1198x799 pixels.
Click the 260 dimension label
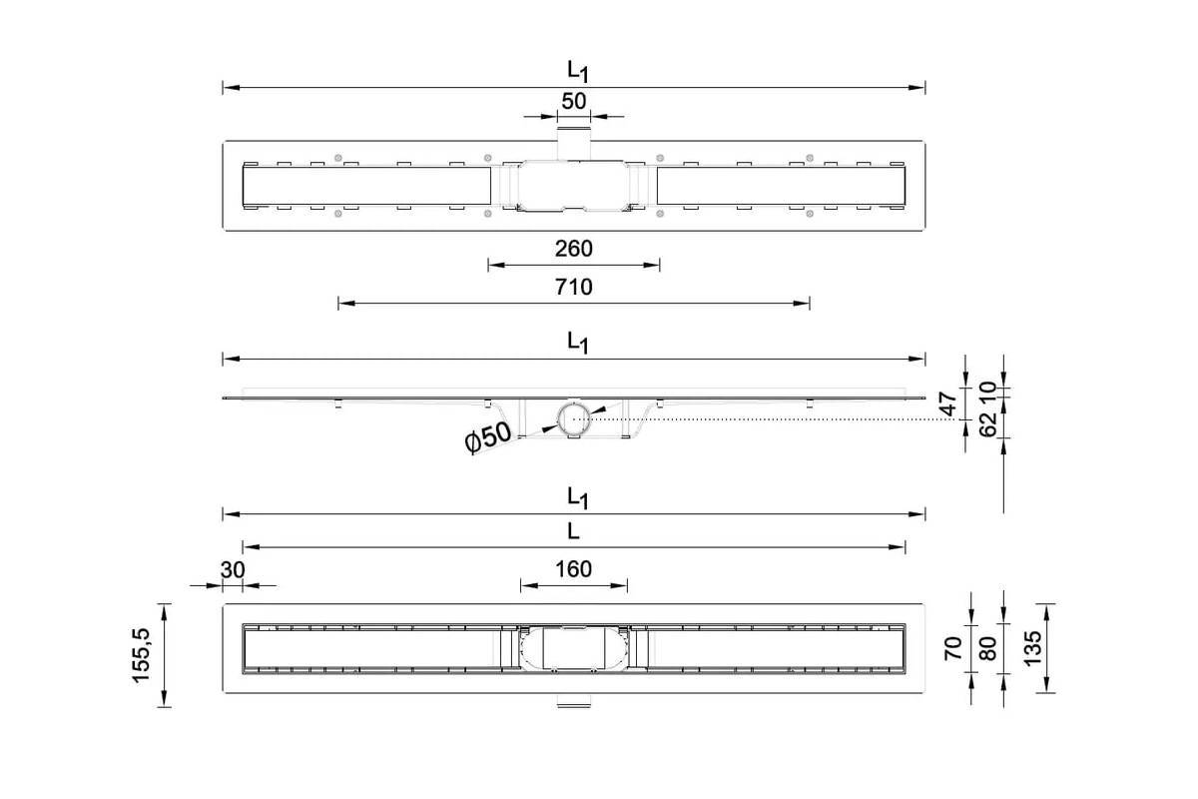573,249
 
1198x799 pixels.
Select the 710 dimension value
573,288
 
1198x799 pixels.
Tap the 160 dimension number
573,569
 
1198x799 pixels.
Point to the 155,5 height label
141,655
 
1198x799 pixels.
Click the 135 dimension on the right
1032,648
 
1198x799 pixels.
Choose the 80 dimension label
987,648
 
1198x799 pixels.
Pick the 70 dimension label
953,648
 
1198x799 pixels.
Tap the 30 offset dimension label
233,570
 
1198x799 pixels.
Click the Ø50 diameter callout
488,437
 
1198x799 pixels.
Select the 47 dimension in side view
947,404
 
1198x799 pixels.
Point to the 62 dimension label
987,423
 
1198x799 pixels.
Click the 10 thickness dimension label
987,392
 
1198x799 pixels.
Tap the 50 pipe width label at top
573,101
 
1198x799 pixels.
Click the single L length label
573,531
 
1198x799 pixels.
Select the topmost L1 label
578,72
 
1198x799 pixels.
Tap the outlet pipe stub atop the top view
574,143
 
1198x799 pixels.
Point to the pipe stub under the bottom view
574,701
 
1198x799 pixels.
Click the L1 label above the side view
578,343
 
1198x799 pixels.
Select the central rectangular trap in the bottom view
574,648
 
